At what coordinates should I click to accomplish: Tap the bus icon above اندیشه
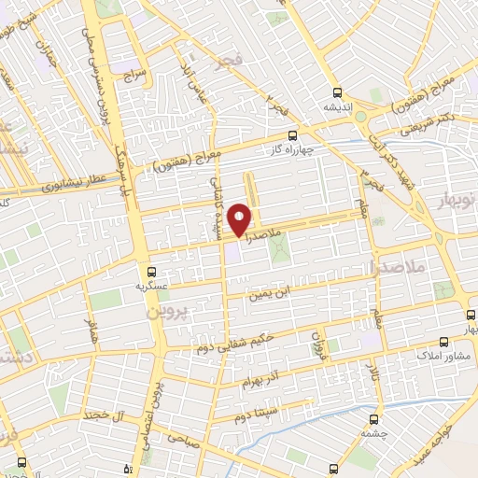(339, 93)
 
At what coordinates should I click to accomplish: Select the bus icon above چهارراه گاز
(292, 134)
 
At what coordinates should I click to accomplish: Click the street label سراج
(133, 69)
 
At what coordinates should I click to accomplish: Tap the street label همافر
(91, 330)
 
